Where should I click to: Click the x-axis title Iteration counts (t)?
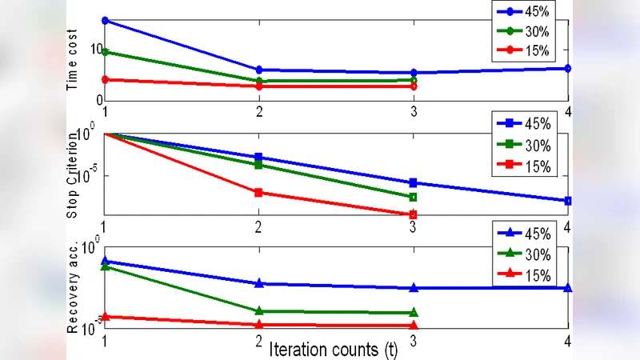[x=334, y=350]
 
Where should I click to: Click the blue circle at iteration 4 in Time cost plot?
[x=568, y=69]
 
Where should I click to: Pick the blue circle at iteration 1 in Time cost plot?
[x=105, y=20]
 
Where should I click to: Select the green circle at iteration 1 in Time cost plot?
[x=105, y=52]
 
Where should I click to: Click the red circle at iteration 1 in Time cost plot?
[x=105, y=79]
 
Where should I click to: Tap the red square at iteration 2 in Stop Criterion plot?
[x=258, y=193]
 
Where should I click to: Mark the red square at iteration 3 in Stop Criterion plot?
[x=413, y=214]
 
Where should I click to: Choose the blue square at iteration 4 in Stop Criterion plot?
[x=568, y=201]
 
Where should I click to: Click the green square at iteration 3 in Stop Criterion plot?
[x=413, y=197]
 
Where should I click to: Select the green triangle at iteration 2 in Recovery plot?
[x=258, y=310]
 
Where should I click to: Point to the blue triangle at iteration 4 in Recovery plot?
[x=568, y=287]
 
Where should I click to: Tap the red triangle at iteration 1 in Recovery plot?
[x=105, y=317]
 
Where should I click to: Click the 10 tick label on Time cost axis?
[x=96, y=49]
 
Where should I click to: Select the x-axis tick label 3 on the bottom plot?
[x=413, y=340]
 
